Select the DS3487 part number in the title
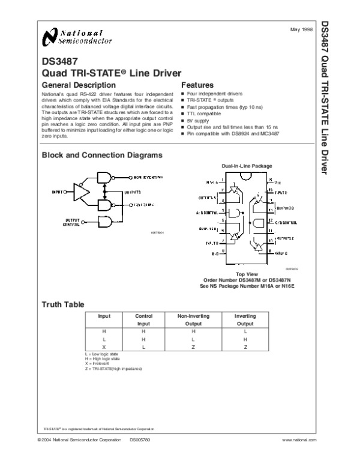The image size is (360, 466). tap(58, 61)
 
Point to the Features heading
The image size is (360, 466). tap(198, 86)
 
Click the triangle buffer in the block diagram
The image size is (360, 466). tap(80, 192)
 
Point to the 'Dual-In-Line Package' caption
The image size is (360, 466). tap(247, 165)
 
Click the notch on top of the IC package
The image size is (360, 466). tap(247, 177)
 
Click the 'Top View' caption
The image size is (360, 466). tap(247, 273)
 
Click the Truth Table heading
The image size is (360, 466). tap(62, 304)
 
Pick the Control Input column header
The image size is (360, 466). tap(143, 319)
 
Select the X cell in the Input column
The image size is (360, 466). tap(104, 348)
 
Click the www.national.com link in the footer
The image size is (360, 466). tap(298, 440)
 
